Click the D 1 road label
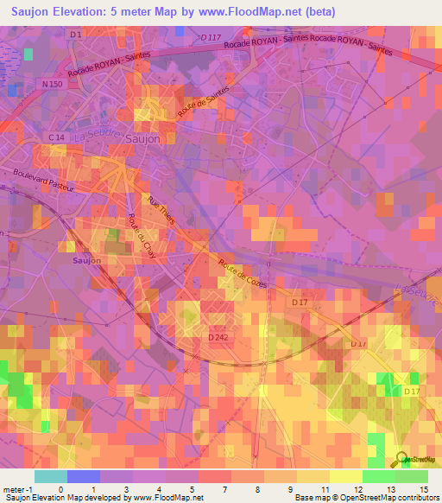click(75, 34)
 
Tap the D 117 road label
click(210, 38)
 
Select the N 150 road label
click(53, 84)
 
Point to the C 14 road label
click(57, 137)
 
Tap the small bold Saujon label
click(86, 259)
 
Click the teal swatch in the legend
click(51, 476)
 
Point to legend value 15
click(424, 488)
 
